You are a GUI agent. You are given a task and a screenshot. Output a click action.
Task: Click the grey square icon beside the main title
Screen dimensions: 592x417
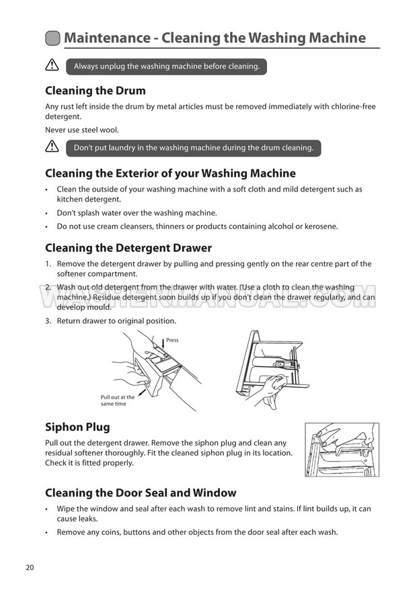52,38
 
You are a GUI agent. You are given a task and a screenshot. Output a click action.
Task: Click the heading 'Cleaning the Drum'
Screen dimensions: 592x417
95,91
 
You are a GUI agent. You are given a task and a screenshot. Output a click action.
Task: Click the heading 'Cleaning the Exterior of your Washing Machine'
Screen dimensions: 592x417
170,173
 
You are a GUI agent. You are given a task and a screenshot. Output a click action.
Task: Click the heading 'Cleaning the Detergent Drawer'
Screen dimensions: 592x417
128,248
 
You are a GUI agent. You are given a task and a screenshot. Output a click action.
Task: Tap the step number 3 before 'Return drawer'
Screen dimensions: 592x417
48,321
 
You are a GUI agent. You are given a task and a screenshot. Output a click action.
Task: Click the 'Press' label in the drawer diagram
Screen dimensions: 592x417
172,340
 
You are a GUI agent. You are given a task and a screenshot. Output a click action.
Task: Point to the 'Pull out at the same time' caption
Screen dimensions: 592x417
118,400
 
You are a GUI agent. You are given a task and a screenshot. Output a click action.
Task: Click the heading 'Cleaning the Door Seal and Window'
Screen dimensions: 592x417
141,493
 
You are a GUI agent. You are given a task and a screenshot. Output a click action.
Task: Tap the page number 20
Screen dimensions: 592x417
30,567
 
